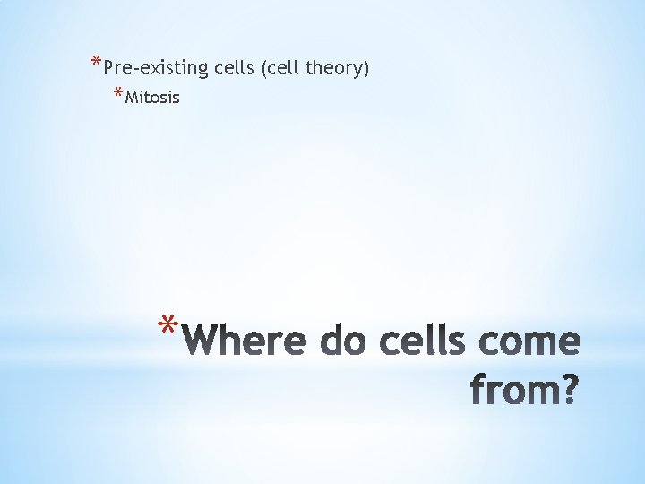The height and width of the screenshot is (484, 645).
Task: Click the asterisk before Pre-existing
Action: tap(96, 64)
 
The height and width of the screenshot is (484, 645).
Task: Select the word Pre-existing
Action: tap(157, 68)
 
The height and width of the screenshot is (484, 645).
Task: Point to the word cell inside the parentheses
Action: tap(281, 67)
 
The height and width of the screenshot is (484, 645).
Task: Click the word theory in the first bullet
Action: tap(336, 68)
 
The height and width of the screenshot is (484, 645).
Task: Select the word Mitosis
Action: tap(153, 97)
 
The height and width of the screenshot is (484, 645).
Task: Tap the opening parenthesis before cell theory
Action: tap(263, 68)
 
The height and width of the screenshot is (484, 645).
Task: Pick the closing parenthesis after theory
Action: tap(366, 68)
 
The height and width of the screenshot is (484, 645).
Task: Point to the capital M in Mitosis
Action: tap(132, 97)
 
